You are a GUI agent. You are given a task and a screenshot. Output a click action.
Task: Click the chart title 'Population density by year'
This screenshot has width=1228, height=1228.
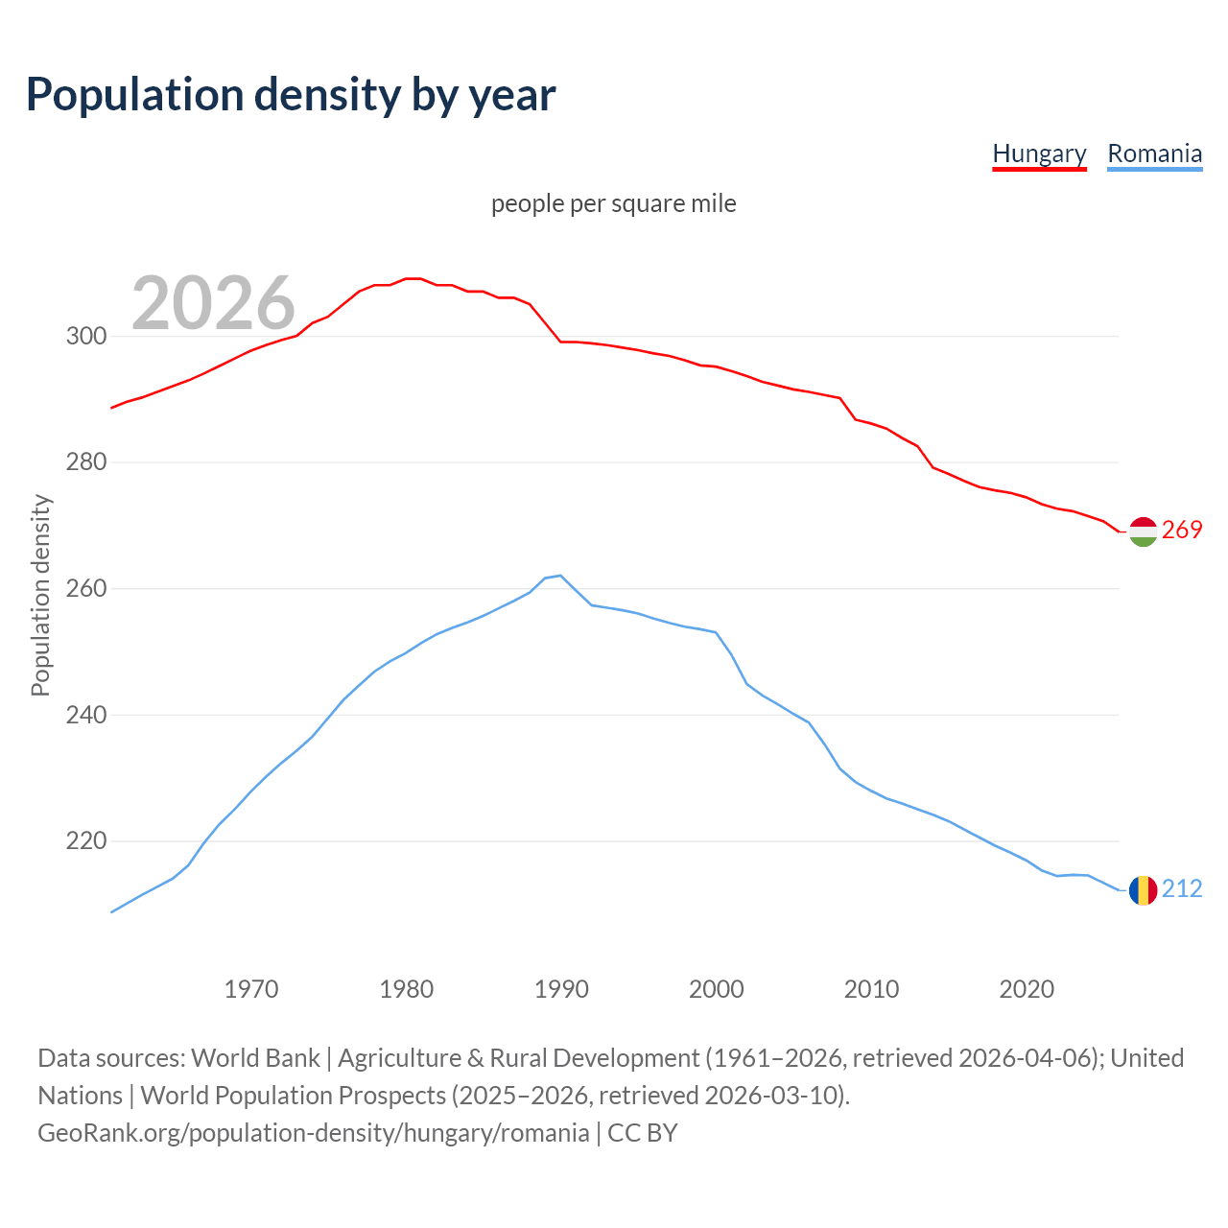291,94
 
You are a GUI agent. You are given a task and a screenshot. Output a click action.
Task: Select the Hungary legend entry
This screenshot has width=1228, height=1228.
1039,153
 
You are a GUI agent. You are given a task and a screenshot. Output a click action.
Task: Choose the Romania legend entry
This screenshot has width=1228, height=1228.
1154,153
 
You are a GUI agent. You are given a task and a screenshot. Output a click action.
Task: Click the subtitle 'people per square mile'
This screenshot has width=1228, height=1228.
613,203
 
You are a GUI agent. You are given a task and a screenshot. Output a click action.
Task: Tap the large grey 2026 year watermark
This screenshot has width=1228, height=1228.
213,303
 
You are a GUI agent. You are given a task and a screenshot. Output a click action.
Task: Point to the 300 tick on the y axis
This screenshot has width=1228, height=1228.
86,337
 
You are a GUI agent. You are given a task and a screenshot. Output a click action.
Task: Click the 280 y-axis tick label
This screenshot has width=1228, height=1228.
86,462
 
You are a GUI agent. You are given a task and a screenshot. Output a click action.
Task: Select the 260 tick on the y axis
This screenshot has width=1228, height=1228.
86,589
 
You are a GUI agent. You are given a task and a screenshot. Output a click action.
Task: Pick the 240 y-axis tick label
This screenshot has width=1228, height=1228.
86,715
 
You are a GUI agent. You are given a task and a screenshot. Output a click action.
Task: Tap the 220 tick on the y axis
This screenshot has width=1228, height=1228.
86,841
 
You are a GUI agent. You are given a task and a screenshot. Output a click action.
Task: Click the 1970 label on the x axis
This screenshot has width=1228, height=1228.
251,989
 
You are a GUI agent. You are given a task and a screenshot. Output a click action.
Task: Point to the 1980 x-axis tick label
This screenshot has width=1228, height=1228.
406,989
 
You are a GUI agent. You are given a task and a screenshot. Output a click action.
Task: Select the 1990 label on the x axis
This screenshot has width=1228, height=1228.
561,989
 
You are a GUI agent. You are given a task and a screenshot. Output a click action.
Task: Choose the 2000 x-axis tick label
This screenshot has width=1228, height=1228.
717,989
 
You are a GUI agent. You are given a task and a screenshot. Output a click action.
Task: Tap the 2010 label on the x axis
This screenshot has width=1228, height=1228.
871,989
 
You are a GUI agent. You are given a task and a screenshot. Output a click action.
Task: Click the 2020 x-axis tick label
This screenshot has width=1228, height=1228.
1027,989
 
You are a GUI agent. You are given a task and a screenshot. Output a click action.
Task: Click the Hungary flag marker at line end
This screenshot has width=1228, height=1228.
1143,531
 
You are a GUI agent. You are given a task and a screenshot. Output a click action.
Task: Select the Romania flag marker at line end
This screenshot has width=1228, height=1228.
1143,890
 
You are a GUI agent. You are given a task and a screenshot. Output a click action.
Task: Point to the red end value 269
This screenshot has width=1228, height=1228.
1182,531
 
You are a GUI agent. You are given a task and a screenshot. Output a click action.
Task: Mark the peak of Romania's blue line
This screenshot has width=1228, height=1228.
560,576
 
